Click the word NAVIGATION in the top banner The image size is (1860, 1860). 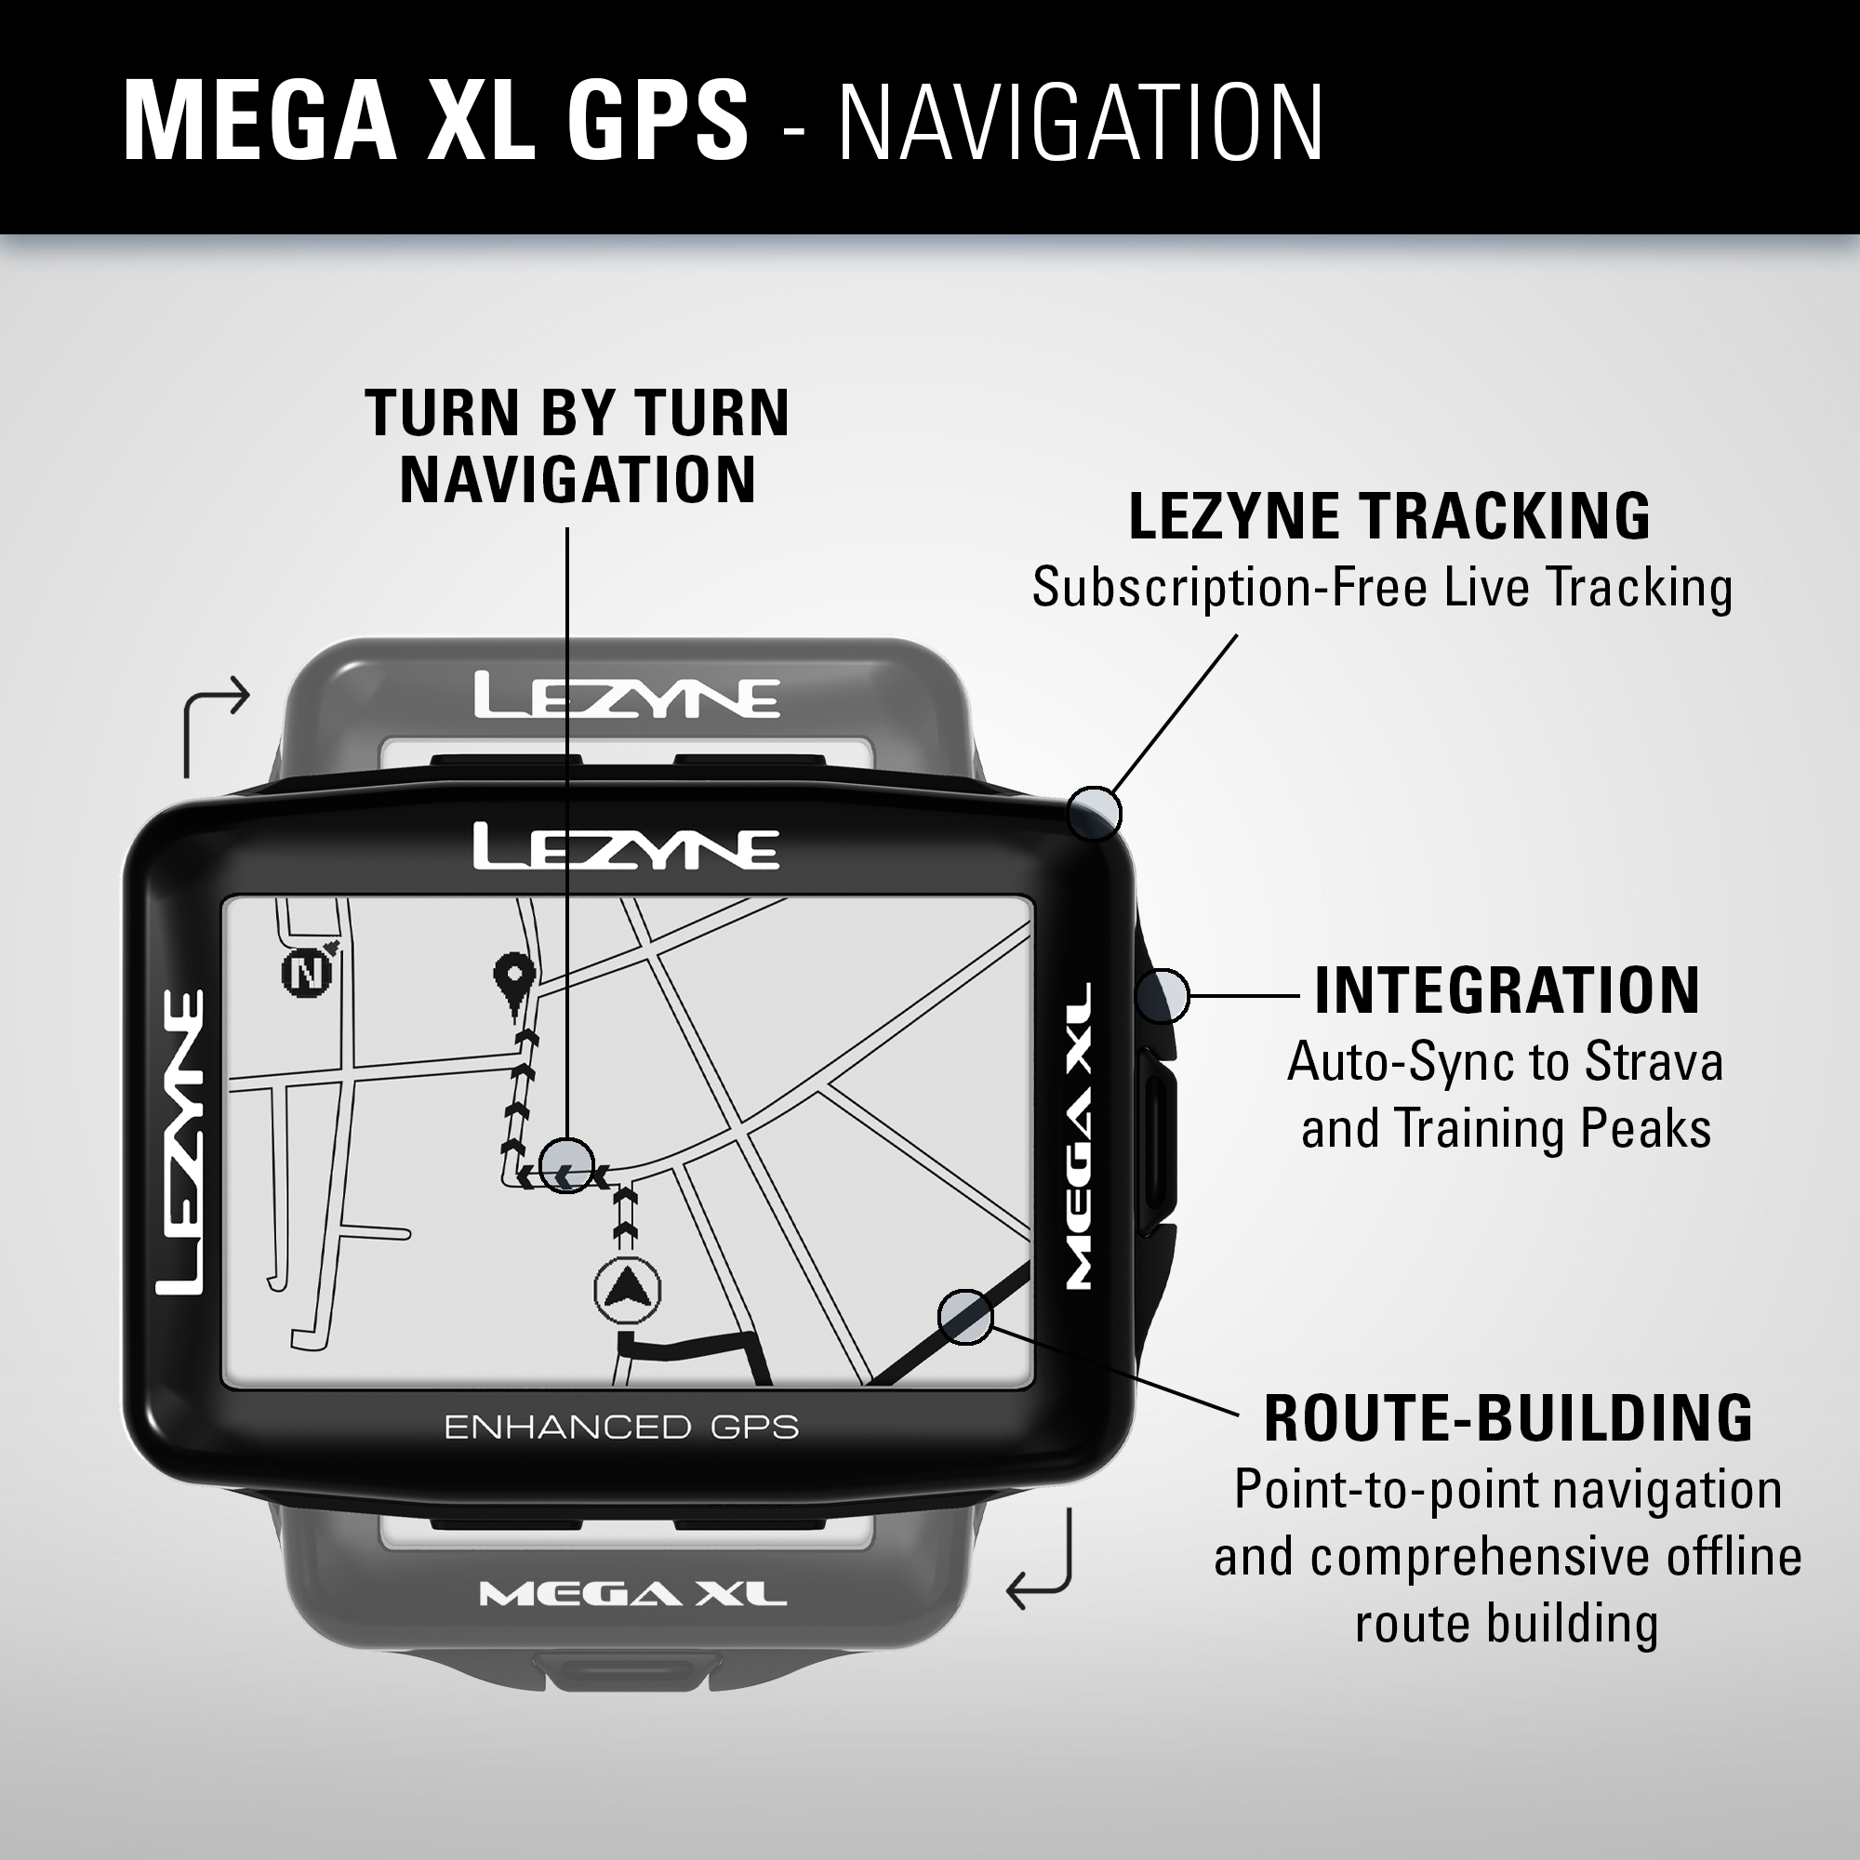point(1080,122)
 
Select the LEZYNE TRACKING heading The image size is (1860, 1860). point(1389,517)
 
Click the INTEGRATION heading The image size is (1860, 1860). point(1507,990)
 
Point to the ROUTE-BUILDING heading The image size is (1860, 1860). point(1508,1418)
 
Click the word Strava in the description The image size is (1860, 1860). point(1653,1062)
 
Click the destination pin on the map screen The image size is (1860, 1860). point(513,981)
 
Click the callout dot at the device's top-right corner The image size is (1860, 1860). point(1095,814)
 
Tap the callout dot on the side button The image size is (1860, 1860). point(1162,995)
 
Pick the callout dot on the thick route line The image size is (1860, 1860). point(964,1316)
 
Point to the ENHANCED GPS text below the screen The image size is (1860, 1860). point(621,1427)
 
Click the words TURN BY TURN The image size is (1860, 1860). point(577,413)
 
